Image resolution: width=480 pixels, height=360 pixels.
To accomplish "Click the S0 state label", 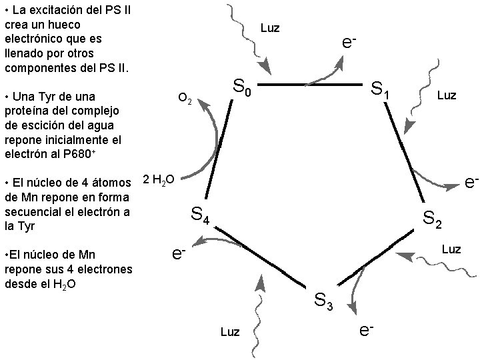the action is click(241, 87).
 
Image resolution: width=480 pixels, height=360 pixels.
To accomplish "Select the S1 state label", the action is click(380, 89).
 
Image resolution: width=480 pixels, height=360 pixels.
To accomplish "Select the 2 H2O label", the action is click(159, 179).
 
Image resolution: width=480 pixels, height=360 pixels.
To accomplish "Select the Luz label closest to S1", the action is click(446, 95).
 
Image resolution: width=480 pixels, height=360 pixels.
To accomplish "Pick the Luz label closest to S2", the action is click(451, 249).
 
